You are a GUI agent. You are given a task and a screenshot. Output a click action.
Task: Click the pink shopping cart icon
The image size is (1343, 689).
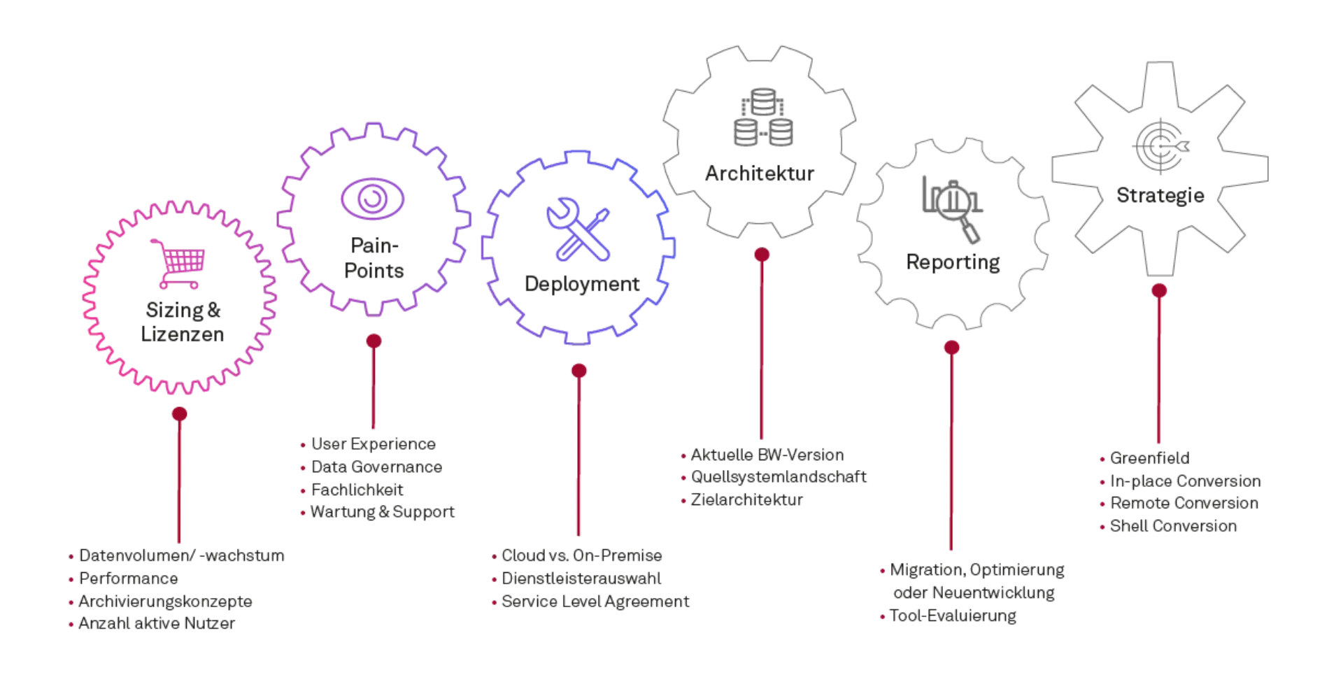pyautogui.click(x=177, y=262)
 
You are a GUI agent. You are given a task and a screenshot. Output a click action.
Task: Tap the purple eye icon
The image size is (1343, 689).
pyautogui.click(x=371, y=199)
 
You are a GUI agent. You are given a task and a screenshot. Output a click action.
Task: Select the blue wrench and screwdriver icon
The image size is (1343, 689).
pyautogui.click(x=578, y=229)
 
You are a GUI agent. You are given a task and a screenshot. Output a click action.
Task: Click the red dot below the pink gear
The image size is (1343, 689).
pyautogui.click(x=180, y=414)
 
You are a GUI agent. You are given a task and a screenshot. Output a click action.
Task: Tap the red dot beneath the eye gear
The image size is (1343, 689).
pyautogui.click(x=374, y=341)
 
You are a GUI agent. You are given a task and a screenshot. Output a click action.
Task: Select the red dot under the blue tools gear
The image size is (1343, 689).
pyautogui.click(x=578, y=370)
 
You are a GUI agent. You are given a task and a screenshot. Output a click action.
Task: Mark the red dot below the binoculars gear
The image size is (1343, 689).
pyautogui.click(x=761, y=255)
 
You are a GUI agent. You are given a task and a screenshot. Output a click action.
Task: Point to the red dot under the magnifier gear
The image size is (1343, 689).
pyautogui.click(x=951, y=347)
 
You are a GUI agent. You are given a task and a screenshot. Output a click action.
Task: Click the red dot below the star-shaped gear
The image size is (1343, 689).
pyautogui.click(x=1160, y=290)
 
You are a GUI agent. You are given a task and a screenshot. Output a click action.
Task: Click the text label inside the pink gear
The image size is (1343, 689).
pyautogui.click(x=181, y=322)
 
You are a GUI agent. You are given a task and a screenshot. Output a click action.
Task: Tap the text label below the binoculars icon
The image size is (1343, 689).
pyautogui.click(x=761, y=173)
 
